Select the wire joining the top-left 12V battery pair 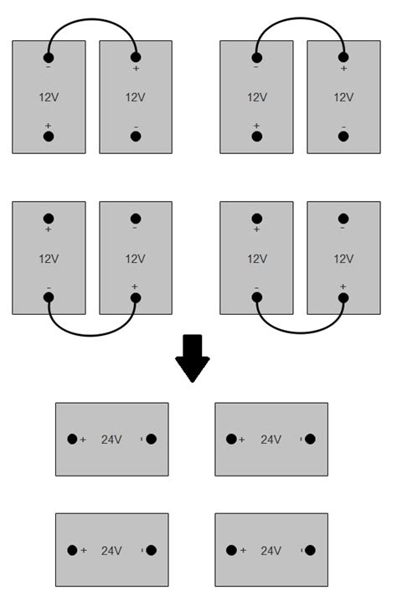tap(92, 20)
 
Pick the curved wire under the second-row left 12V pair tap(92, 334)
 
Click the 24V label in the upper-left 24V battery tap(111, 439)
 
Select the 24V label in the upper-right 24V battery tap(271, 439)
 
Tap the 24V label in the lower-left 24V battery tap(111, 550)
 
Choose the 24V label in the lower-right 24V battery tap(271, 550)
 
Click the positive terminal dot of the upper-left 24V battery tap(73, 439)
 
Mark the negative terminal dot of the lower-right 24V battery tap(310, 550)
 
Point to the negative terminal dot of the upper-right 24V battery tap(310, 439)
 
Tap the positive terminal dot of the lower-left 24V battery tap(73, 550)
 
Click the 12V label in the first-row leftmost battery tap(49, 97)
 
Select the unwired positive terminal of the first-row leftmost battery tap(49, 136)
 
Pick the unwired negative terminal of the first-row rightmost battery tap(343, 136)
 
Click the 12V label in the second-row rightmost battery tap(343, 259)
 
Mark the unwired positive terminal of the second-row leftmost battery tap(49, 219)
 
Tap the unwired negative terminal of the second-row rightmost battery tap(343, 219)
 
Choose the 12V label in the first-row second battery tap(136, 97)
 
